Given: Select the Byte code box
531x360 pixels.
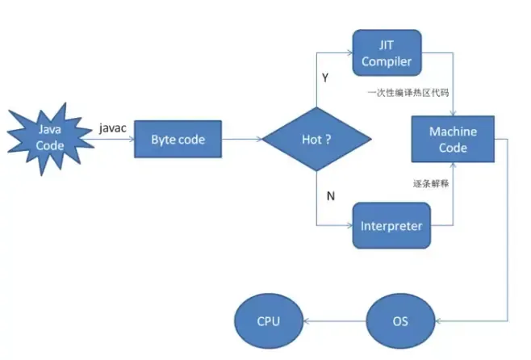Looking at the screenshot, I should (178, 139).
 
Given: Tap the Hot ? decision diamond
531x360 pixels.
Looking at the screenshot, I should (316, 139).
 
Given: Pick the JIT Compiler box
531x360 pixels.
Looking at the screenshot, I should (387, 53).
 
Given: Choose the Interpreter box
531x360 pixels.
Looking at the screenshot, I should (391, 225).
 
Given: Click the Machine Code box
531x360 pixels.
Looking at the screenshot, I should (453, 140).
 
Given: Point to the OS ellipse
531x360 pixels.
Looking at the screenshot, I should (400, 320).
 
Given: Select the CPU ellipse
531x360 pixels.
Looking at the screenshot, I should (268, 320).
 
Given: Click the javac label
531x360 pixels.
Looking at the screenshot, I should (111, 128).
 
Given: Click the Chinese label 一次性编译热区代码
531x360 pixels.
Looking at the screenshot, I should (409, 94).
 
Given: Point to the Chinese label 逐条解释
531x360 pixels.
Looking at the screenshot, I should (430, 183).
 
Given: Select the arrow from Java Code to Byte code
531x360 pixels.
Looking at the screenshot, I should (107, 139).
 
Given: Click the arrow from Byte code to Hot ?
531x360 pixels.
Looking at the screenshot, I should (241, 139).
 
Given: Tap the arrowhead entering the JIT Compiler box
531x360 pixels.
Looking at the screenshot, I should (348, 53).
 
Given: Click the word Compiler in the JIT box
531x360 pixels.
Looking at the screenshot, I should (387, 61).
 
